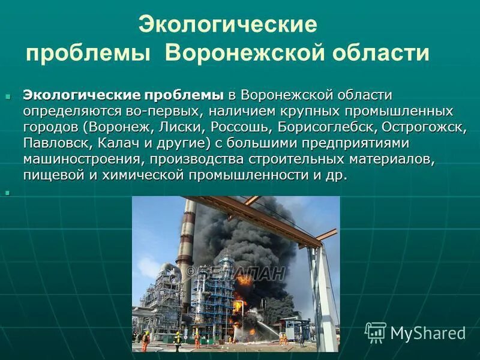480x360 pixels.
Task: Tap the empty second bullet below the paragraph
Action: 8,193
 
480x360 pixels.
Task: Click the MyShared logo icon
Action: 376,332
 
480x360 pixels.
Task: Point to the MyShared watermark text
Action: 428,333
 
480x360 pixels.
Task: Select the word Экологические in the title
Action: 227,25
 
